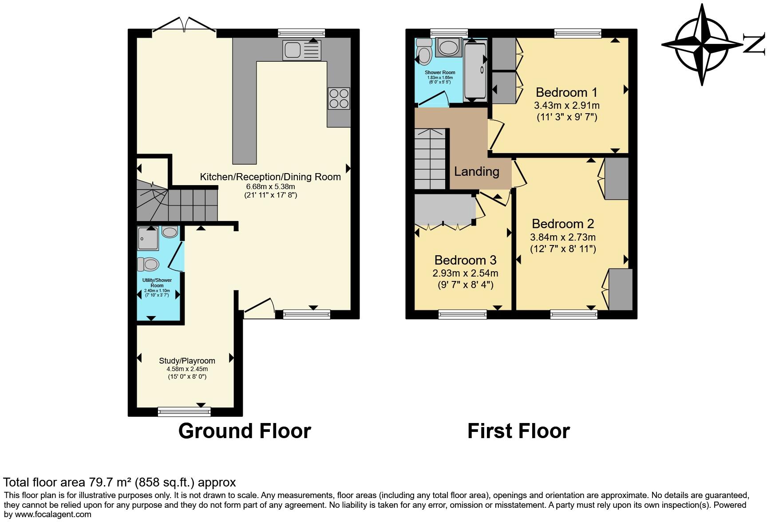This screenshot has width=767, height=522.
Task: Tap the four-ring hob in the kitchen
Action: (x=339, y=99)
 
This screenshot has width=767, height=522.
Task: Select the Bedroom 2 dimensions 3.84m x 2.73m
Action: (x=563, y=237)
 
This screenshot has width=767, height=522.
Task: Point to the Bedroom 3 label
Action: (x=465, y=260)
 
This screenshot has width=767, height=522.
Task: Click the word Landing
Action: (x=476, y=171)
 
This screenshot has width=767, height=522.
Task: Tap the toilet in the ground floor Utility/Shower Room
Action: (x=148, y=265)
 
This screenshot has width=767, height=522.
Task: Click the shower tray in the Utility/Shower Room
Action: (x=148, y=238)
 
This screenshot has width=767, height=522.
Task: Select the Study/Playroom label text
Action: (x=187, y=361)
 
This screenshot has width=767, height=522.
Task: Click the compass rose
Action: (x=702, y=45)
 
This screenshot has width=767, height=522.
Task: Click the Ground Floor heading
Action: (x=245, y=431)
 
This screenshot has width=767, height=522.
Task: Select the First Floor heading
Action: (x=518, y=431)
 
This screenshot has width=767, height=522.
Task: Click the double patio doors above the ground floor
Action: (x=184, y=26)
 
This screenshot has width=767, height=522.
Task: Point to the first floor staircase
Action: (x=430, y=159)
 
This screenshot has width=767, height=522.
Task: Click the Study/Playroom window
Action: (x=184, y=412)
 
